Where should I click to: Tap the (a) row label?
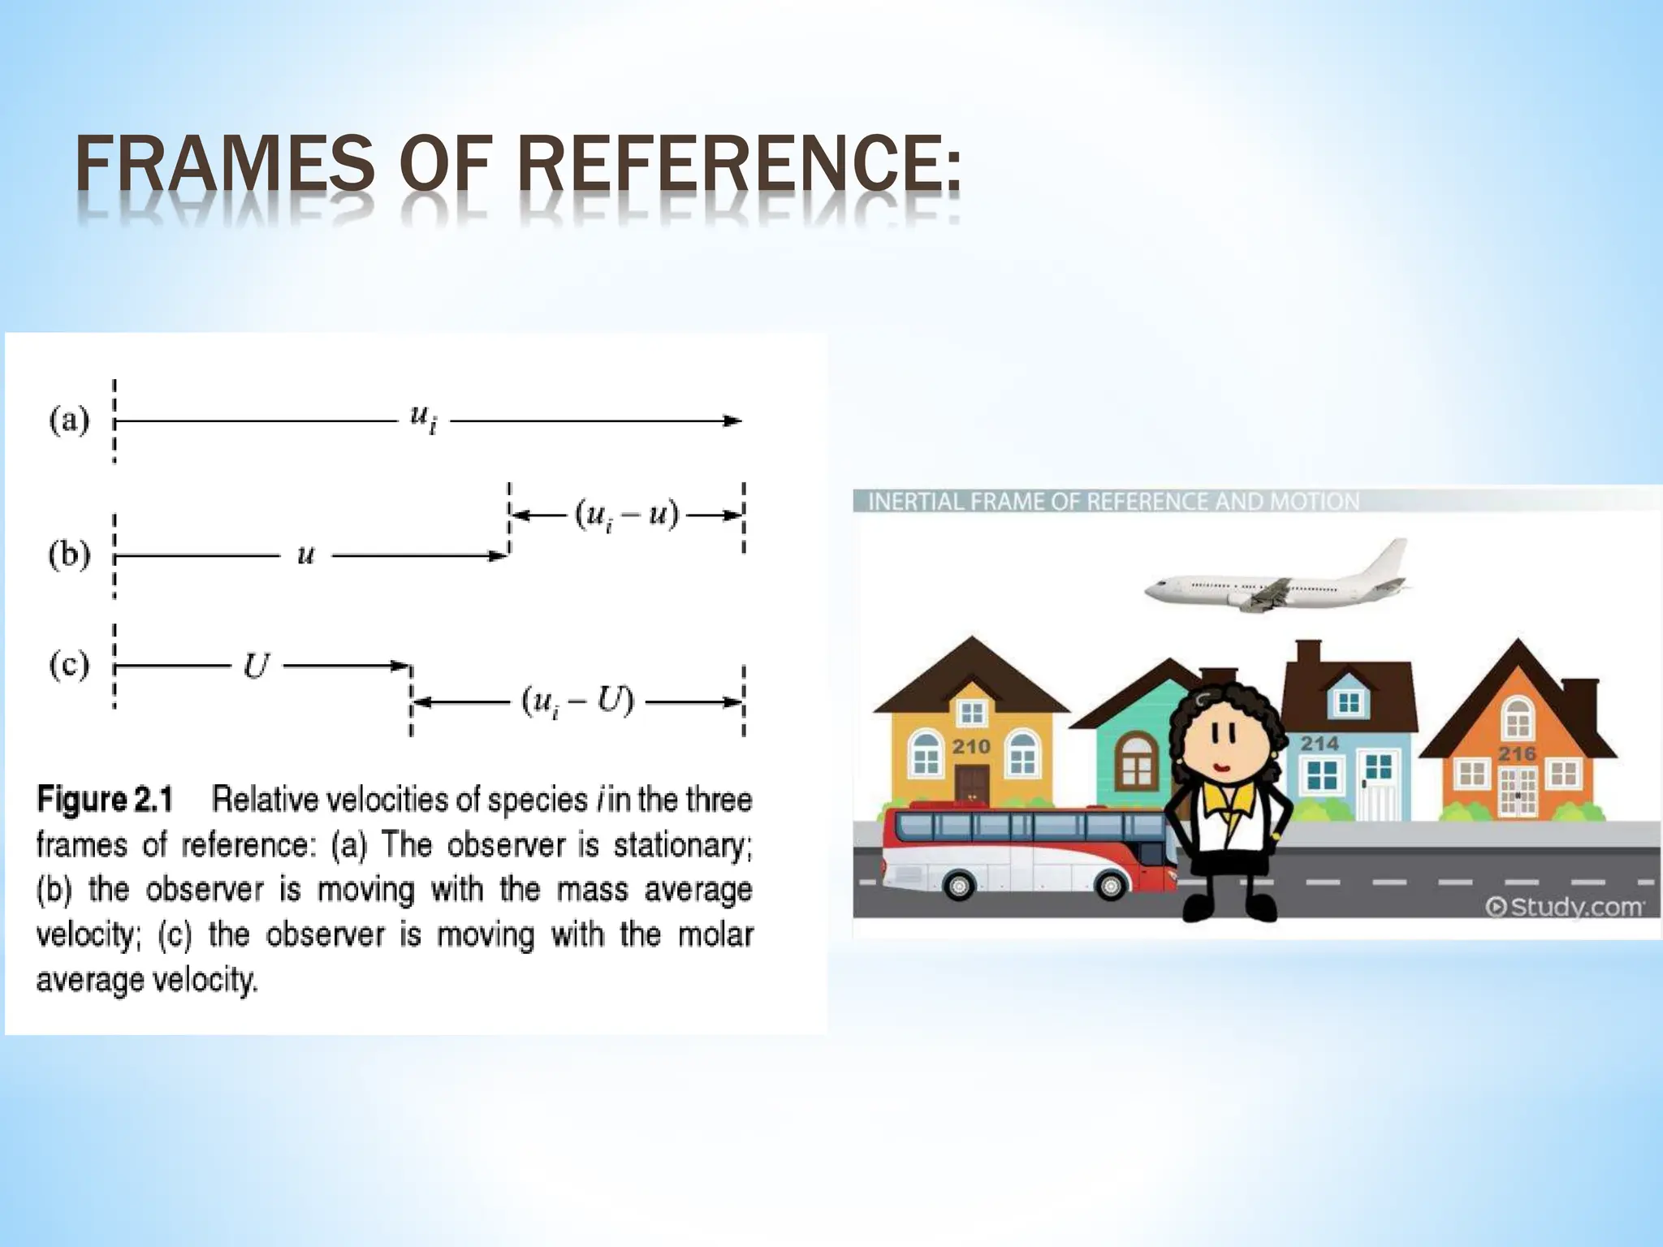tap(69, 421)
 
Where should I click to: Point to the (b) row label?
tap(69, 555)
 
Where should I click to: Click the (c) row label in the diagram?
tap(69, 666)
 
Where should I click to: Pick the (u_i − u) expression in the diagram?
tap(626, 515)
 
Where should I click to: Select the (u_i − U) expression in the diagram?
tap(577, 701)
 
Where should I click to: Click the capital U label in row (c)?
tap(256, 667)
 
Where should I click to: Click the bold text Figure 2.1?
tap(106, 800)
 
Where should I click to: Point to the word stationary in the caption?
tap(682, 845)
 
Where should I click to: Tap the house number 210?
tap(971, 746)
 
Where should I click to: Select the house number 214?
tap(1320, 743)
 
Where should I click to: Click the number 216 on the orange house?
tap(1517, 753)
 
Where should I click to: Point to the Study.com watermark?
tap(1566, 906)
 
